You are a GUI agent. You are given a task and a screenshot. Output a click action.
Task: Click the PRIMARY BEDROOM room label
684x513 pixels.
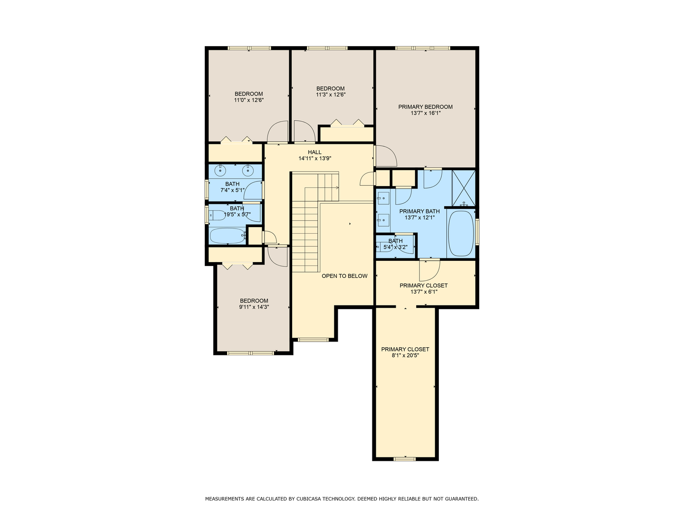click(425, 107)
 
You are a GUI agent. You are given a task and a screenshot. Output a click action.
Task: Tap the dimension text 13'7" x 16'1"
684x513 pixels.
click(425, 113)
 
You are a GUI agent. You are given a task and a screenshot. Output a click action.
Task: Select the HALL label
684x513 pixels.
click(315, 152)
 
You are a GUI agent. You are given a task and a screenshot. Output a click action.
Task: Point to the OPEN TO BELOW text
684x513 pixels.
click(344, 276)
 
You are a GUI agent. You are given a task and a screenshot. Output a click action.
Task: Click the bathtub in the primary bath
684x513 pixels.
click(461, 234)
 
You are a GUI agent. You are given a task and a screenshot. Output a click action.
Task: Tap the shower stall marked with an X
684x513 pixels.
click(464, 188)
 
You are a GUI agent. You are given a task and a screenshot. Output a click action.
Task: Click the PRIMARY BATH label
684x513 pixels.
click(419, 211)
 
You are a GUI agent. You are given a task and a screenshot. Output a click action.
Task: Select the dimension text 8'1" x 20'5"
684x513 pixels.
click(405, 355)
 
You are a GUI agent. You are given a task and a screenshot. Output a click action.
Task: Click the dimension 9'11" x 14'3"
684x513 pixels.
click(254, 307)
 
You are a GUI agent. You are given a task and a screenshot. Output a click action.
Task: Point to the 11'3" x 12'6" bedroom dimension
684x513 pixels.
click(331, 95)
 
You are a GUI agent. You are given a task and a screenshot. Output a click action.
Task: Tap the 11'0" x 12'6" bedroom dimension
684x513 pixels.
click(249, 100)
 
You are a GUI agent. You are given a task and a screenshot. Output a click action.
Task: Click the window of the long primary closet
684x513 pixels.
click(405, 458)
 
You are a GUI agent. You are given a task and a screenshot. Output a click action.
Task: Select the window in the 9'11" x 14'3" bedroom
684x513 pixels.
click(250, 353)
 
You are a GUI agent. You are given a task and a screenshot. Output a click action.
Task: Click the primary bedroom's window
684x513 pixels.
click(423, 48)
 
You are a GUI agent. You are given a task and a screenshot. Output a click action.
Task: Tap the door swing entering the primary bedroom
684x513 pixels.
click(386, 156)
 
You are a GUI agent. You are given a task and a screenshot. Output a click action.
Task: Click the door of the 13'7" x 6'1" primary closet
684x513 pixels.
click(429, 270)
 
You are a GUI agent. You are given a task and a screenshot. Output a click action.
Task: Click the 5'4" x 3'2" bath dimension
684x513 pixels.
click(395, 247)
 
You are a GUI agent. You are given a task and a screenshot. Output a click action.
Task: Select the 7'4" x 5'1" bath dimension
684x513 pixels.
click(232, 190)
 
